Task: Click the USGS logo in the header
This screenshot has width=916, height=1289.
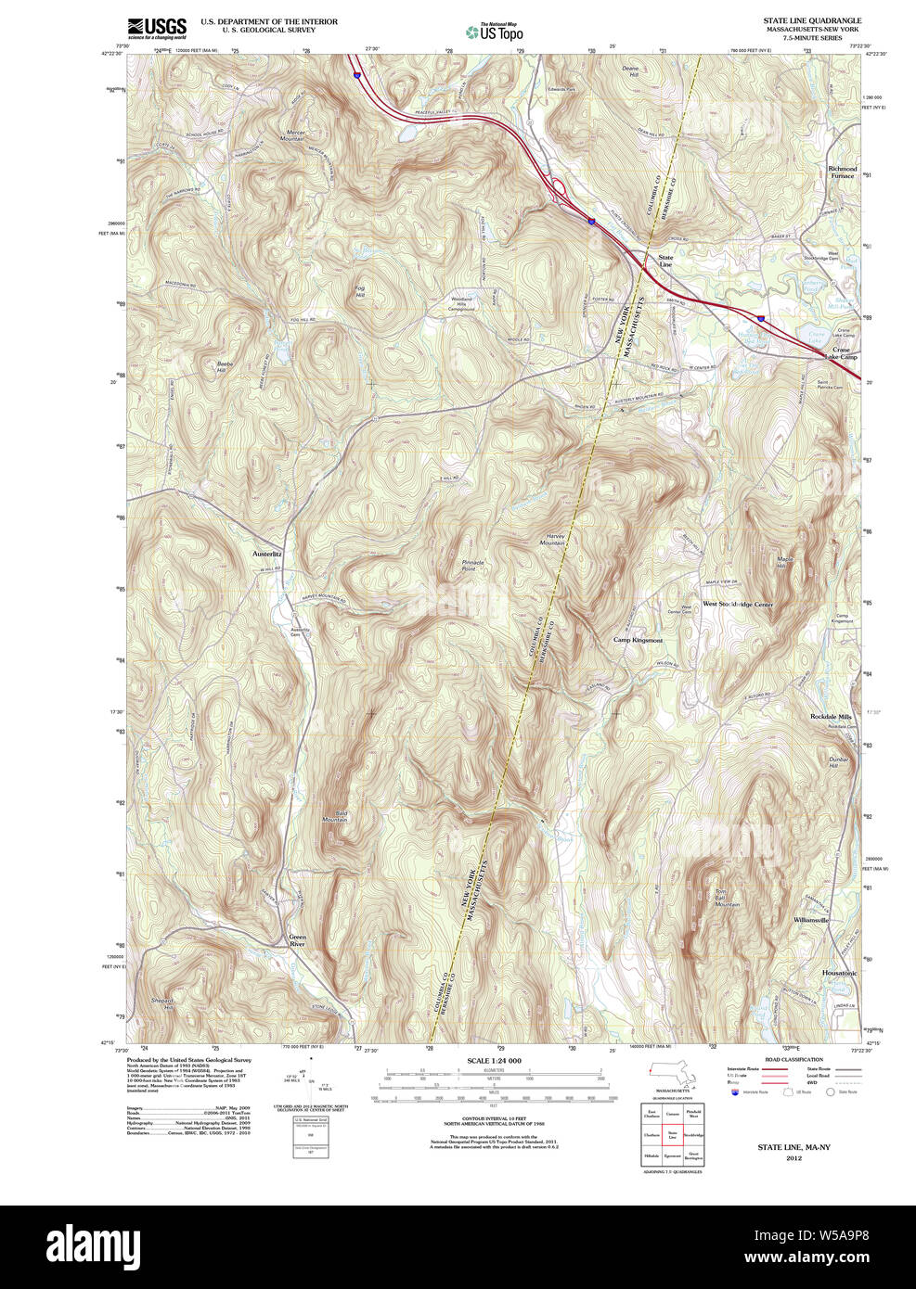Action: [157, 26]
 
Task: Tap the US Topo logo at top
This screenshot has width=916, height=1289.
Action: [494, 32]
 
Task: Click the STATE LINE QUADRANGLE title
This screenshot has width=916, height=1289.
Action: [811, 20]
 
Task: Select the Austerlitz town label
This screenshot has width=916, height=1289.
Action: [267, 554]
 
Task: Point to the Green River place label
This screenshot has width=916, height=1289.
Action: [296, 940]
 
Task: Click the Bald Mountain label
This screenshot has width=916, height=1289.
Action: [335, 816]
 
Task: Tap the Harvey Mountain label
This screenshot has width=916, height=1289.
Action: [554, 539]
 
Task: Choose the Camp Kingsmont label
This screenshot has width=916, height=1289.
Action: [638, 640]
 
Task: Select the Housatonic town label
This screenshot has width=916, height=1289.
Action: [839, 973]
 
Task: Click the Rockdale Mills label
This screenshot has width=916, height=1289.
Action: [830, 717]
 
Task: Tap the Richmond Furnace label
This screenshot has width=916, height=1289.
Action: [843, 172]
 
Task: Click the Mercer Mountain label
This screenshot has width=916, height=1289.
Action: [295, 135]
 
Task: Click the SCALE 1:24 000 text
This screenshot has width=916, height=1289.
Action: [494, 1061]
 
